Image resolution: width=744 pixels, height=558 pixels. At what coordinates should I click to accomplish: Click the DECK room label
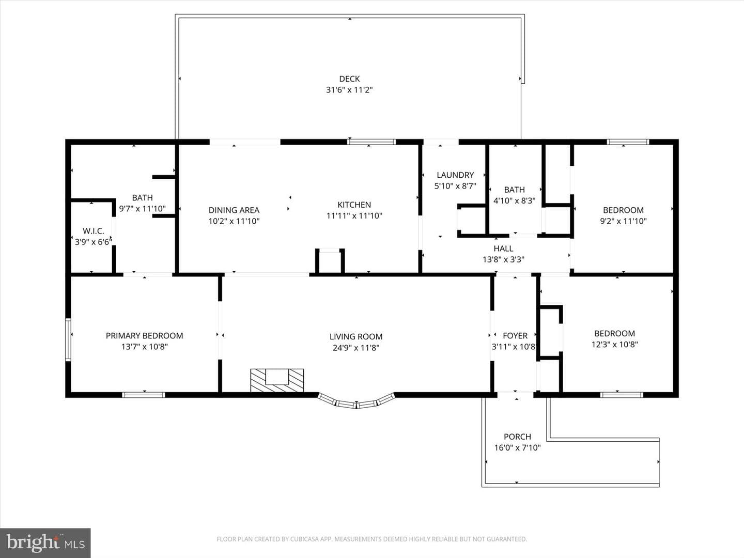pyautogui.click(x=349, y=79)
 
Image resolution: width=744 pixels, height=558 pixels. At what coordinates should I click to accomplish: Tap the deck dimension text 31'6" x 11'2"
pyautogui.click(x=349, y=90)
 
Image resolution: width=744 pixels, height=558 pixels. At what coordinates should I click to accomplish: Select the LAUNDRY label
pyautogui.click(x=455, y=175)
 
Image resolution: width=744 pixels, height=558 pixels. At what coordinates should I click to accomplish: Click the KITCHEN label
pyautogui.click(x=354, y=205)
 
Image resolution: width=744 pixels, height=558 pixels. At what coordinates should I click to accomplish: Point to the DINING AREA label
pyautogui.click(x=234, y=210)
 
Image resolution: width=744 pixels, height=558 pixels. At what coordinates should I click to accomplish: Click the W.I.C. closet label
pyautogui.click(x=93, y=231)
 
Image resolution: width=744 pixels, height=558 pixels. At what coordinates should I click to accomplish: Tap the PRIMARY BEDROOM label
pyautogui.click(x=144, y=336)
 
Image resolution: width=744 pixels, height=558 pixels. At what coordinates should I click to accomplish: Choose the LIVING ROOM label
pyautogui.click(x=356, y=337)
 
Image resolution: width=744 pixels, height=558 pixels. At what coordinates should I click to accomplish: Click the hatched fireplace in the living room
pyautogui.click(x=277, y=380)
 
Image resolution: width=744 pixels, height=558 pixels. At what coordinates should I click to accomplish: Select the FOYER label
pyautogui.click(x=515, y=336)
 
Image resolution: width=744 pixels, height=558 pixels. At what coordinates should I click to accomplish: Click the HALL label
pyautogui.click(x=503, y=249)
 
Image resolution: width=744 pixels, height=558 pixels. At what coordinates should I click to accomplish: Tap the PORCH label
pyautogui.click(x=517, y=437)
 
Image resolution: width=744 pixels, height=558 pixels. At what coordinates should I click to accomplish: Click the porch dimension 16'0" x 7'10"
pyautogui.click(x=517, y=448)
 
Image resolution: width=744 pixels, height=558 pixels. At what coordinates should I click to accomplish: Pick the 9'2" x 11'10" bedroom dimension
pyautogui.click(x=623, y=221)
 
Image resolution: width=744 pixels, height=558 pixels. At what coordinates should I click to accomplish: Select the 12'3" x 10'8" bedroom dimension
pyautogui.click(x=614, y=345)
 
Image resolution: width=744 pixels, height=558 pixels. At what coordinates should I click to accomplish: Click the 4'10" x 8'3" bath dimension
pyautogui.click(x=514, y=200)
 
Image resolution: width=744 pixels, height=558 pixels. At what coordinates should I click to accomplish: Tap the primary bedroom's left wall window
pyautogui.click(x=68, y=340)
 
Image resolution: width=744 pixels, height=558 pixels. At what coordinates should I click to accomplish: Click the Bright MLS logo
pyautogui.click(x=45, y=542)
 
